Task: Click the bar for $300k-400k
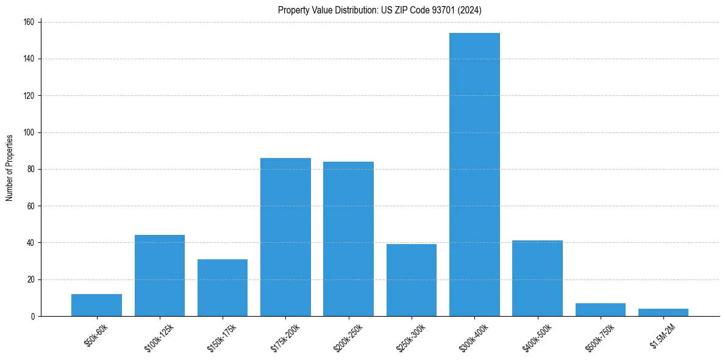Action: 474,175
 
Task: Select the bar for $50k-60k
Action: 96,305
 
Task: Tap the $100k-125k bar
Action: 160,276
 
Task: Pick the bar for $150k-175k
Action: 223,287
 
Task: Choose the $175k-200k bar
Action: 285,237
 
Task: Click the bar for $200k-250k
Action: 348,239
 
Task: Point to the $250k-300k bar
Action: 412,280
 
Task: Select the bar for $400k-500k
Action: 537,278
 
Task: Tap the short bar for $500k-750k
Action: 601,310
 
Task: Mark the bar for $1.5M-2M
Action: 663,312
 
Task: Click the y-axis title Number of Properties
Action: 10,168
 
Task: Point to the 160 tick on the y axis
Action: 29,22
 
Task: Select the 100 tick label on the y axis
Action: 29,132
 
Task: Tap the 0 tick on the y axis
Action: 32,316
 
